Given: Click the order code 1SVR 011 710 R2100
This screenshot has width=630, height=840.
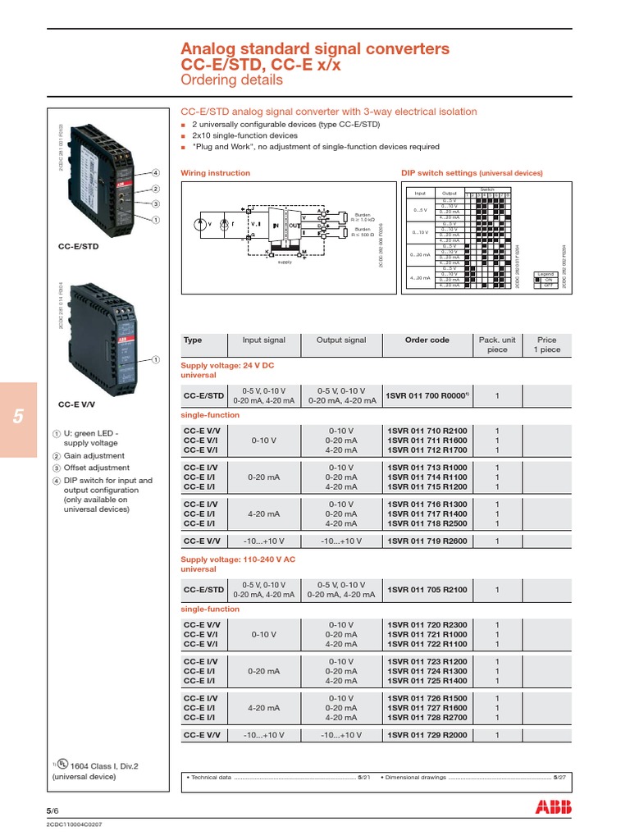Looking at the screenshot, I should click(x=426, y=431).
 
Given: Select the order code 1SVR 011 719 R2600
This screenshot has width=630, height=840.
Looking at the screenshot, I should click(x=426, y=541).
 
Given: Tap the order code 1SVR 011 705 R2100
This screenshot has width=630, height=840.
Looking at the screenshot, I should click(x=426, y=589).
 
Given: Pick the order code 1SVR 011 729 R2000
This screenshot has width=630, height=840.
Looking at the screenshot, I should click(x=426, y=735).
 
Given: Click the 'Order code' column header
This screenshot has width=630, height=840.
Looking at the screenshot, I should click(x=427, y=340).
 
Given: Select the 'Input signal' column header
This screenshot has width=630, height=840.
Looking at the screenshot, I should click(x=264, y=340).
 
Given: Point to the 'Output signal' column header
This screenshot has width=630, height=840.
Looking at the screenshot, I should click(x=341, y=340).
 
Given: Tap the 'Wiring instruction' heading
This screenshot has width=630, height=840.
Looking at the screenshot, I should click(x=215, y=174).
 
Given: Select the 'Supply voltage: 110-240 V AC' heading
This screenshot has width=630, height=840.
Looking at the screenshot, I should click(x=238, y=559).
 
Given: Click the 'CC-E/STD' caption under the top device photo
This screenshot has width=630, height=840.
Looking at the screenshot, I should click(x=79, y=245).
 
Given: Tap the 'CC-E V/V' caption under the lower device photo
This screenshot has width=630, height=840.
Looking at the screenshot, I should click(x=78, y=404).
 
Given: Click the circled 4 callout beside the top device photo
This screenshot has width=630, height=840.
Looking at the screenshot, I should click(x=154, y=173).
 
